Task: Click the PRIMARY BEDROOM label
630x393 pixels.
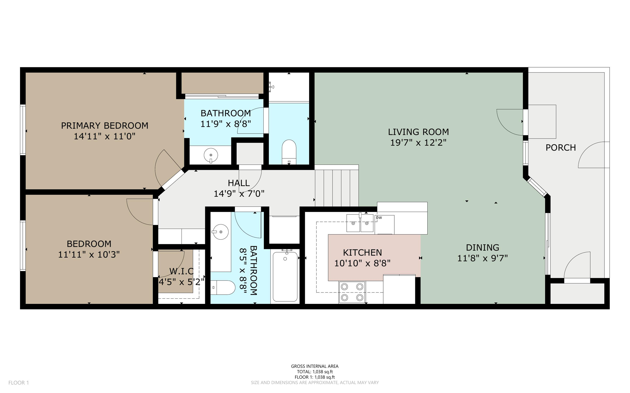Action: pyautogui.click(x=105, y=126)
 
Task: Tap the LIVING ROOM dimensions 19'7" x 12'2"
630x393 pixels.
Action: pyautogui.click(x=418, y=143)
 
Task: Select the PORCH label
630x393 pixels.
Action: pyautogui.click(x=560, y=148)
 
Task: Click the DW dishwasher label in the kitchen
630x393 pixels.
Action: pyautogui.click(x=379, y=218)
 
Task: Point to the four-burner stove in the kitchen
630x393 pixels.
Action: pyautogui.click(x=352, y=292)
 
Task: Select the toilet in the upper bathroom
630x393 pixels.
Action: pyautogui.click(x=289, y=152)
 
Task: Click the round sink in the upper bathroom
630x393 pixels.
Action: pyautogui.click(x=211, y=155)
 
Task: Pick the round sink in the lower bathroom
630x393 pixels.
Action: pyautogui.click(x=221, y=232)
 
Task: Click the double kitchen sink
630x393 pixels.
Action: pyautogui.click(x=360, y=223)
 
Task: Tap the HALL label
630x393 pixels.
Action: pyautogui.click(x=239, y=183)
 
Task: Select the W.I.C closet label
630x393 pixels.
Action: pyautogui.click(x=181, y=271)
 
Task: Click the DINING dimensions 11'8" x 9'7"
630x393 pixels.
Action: pyautogui.click(x=482, y=258)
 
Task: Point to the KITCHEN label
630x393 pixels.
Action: pyautogui.click(x=362, y=253)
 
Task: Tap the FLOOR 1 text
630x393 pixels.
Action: pyautogui.click(x=18, y=383)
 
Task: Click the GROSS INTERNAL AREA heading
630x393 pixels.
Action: pyautogui.click(x=315, y=366)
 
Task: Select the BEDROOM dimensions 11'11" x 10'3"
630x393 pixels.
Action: pyautogui.click(x=89, y=255)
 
